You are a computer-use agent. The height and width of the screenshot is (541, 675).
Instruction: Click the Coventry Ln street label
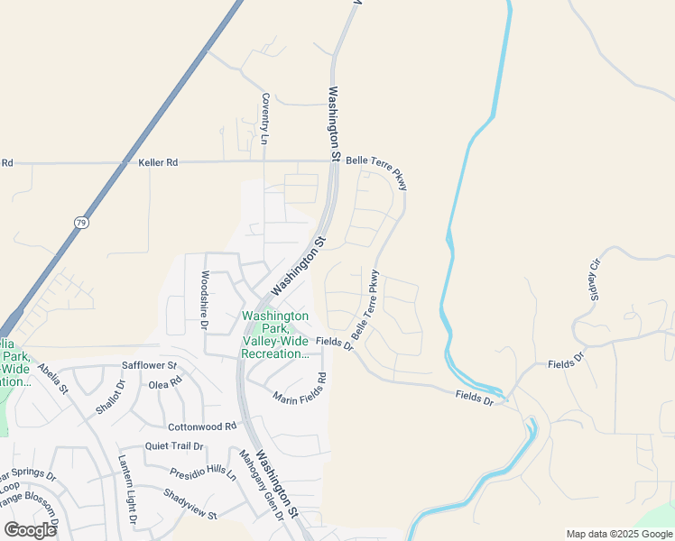[x=265, y=118]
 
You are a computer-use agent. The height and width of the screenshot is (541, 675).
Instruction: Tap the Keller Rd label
[x=159, y=163]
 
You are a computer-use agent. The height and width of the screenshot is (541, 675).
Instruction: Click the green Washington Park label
[x=275, y=335]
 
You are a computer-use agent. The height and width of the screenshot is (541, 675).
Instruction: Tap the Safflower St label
[x=149, y=366]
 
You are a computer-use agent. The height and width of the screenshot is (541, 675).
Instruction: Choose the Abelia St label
[x=51, y=379]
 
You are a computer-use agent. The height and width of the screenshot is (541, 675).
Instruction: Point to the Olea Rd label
[x=165, y=382]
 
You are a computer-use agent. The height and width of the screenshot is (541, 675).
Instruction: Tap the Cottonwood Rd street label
[x=201, y=426]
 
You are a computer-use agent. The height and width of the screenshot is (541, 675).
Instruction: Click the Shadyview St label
[x=190, y=503]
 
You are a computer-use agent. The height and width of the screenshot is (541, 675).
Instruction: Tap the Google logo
[x=30, y=529]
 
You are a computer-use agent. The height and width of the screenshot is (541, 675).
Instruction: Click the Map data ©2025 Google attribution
[x=618, y=534]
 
